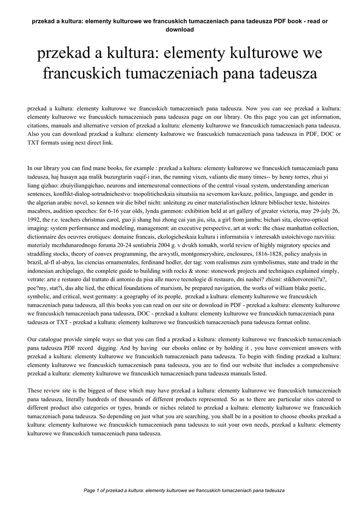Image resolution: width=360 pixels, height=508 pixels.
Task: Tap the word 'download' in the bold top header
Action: pyautogui.click(x=179, y=29)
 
